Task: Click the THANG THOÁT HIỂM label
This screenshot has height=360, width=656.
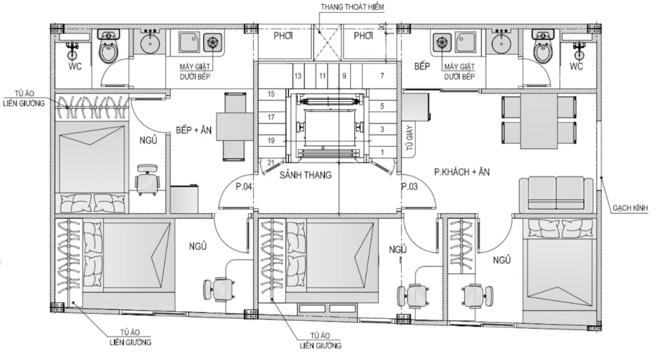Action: (x=352, y=7)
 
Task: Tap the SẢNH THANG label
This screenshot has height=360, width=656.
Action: (x=306, y=175)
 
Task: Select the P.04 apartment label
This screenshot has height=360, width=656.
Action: (x=243, y=186)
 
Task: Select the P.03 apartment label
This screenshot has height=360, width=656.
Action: (x=409, y=186)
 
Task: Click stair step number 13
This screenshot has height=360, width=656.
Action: (x=297, y=76)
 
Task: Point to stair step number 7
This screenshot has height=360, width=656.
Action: (x=382, y=76)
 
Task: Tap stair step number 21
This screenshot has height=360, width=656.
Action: (x=271, y=163)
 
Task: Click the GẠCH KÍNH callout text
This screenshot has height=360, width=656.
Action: (x=630, y=208)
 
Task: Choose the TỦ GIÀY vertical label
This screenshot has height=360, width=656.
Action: (x=409, y=138)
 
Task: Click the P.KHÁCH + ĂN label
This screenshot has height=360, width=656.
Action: (x=461, y=172)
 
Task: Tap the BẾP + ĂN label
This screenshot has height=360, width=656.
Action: (x=193, y=130)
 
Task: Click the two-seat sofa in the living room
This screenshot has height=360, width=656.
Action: (x=556, y=195)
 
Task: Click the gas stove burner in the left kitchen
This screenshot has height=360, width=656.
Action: (x=213, y=43)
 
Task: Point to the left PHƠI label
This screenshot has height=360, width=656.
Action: (x=283, y=36)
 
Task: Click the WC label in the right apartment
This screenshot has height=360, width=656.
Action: (x=576, y=66)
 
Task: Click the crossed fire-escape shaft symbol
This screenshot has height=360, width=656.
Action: (x=327, y=42)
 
